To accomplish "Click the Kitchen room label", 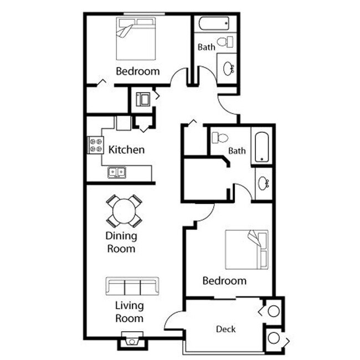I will (x=126, y=150).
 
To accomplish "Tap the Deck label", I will (x=225, y=329).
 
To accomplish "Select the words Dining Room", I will (x=121, y=242).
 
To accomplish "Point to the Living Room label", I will (x=129, y=312).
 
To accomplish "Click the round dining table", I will (x=124, y=211).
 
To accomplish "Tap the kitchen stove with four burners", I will (x=95, y=145).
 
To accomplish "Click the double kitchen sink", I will (x=117, y=172).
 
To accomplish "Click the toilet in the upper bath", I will (x=224, y=42).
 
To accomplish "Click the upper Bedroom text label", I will (x=137, y=71).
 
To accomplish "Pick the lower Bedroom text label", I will (x=224, y=281).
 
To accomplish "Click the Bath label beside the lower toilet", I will (x=237, y=151).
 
